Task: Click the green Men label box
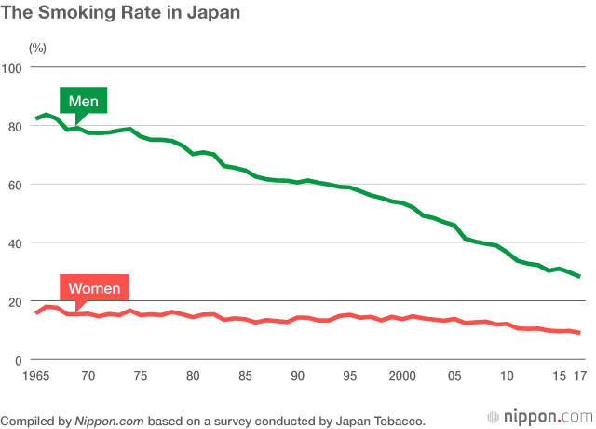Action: [84, 100]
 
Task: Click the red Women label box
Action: [94, 288]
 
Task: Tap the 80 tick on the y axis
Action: [15, 126]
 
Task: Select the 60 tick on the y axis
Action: [15, 185]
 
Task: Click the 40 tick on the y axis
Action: [15, 243]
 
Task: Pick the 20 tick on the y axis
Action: [15, 302]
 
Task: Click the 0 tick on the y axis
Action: [19, 360]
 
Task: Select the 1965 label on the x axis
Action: [35, 376]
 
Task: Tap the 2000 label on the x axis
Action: [402, 376]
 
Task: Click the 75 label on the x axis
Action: [141, 376]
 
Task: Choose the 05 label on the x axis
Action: [455, 376]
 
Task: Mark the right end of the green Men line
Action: [579, 276]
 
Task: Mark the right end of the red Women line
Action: [579, 333]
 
